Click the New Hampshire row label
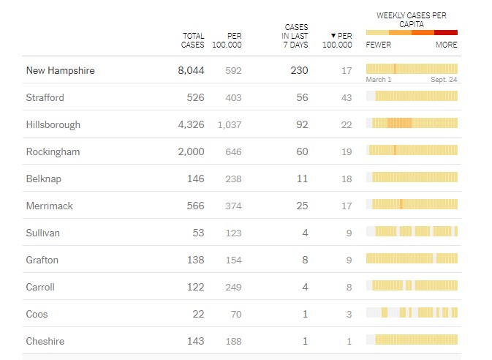tap(61, 71)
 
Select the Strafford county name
tap(45, 98)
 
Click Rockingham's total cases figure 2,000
tap(189, 152)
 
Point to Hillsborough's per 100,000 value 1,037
tap(229, 125)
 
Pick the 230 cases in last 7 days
tap(299, 71)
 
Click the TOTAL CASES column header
tap(193, 40)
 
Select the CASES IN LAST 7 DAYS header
tap(295, 36)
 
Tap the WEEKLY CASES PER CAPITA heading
tap(412, 19)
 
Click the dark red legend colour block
tap(446, 33)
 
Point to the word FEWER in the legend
tap(379, 45)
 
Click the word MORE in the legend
tap(446, 45)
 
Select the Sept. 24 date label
tap(444, 79)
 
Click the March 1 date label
tap(379, 79)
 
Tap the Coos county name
tap(37, 314)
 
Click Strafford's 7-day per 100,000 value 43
tap(347, 98)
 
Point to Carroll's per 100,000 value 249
tap(232, 288)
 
